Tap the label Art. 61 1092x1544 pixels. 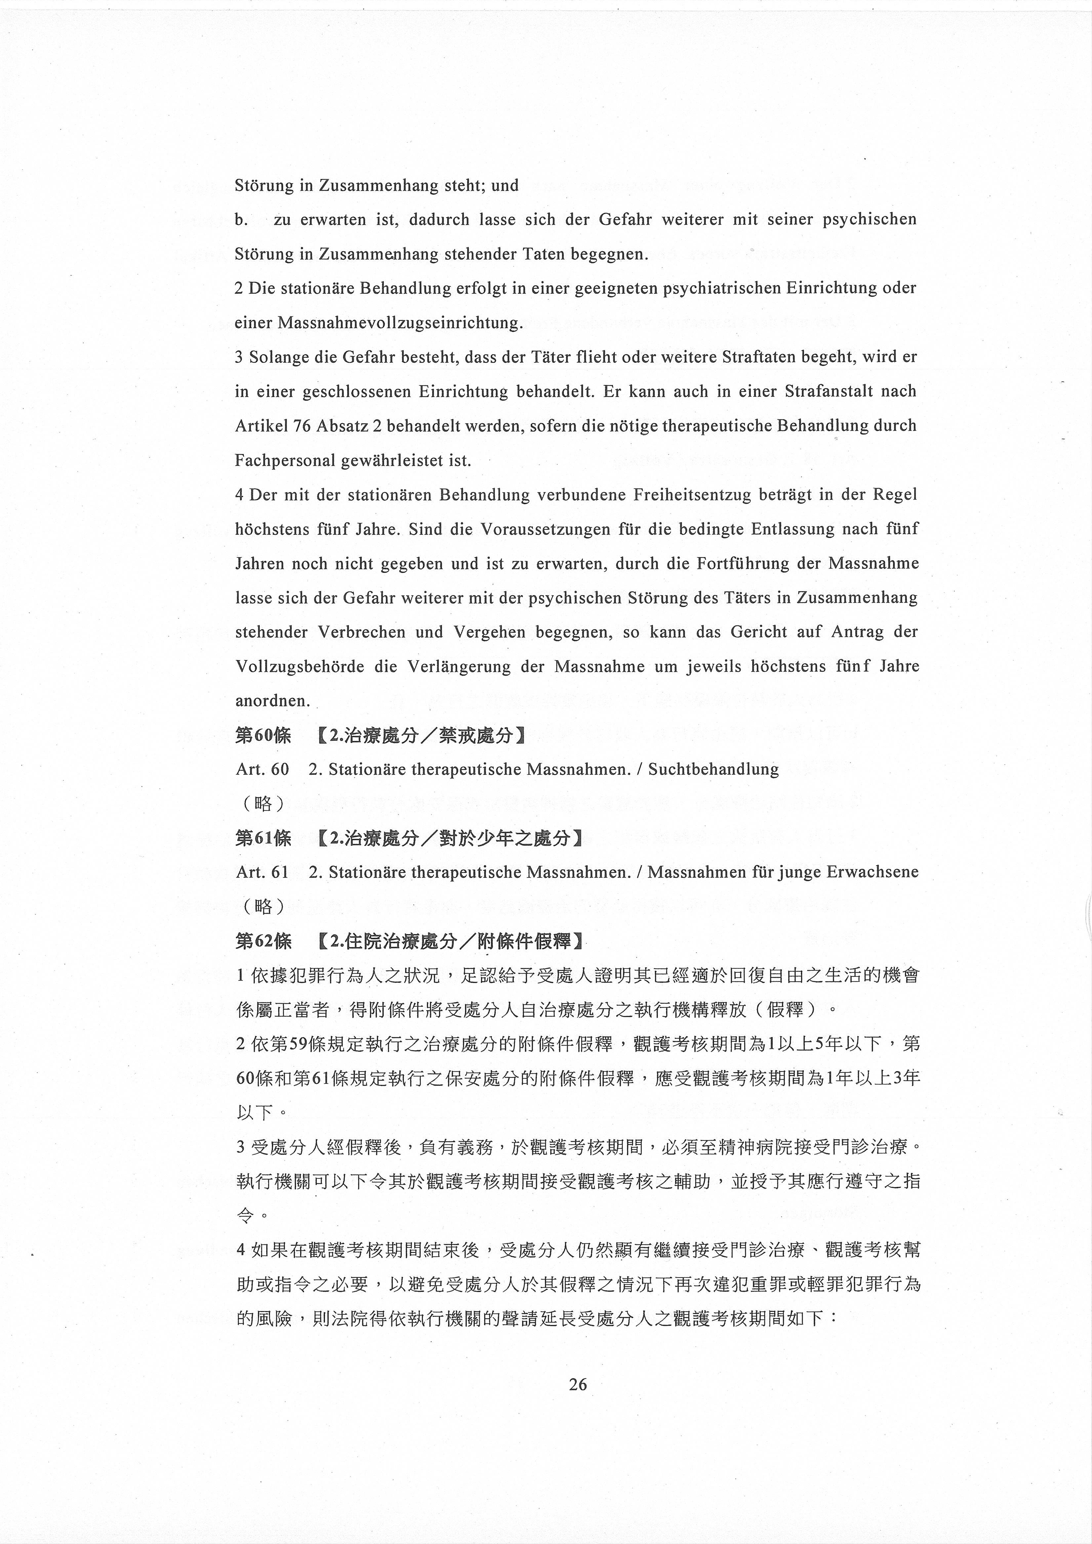tap(262, 872)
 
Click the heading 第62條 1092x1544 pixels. tap(263, 941)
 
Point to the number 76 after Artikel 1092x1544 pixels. tap(302, 426)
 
